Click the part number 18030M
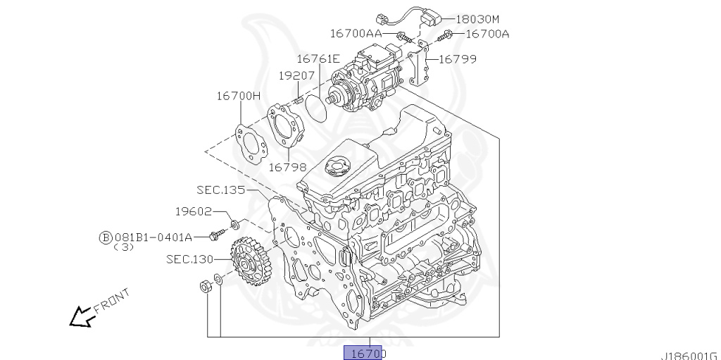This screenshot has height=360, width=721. (x=482, y=19)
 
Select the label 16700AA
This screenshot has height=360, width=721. (x=356, y=33)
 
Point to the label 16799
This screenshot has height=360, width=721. (x=457, y=59)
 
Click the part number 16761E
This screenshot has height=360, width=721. (x=318, y=59)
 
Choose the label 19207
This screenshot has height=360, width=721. (x=296, y=74)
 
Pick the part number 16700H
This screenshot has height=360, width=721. (x=238, y=96)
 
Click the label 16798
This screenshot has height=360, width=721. (x=287, y=167)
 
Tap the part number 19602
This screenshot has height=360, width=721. (x=194, y=211)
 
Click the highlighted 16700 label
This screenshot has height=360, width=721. (x=363, y=353)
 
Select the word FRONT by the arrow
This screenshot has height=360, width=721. (x=111, y=301)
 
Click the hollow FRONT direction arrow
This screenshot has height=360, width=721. (x=82, y=316)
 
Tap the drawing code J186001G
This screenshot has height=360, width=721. (x=689, y=355)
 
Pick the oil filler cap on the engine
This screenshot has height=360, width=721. (x=336, y=168)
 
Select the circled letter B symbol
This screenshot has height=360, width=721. (x=105, y=237)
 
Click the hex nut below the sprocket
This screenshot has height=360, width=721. (x=205, y=286)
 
